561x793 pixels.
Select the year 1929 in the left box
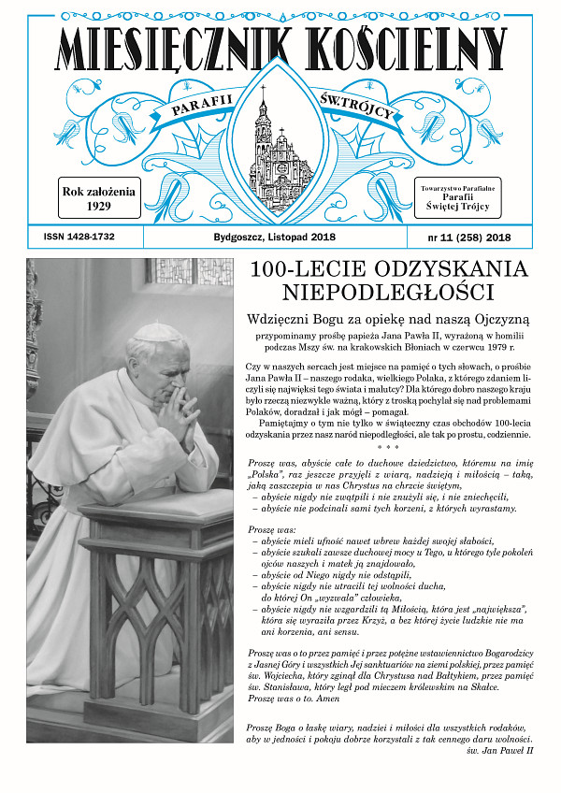[x=99, y=206]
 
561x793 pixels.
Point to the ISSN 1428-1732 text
[x=79, y=237]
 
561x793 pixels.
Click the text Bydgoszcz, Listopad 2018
[x=271, y=238]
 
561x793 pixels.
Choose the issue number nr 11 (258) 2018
[x=465, y=238]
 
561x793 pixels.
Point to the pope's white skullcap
[x=156, y=332]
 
